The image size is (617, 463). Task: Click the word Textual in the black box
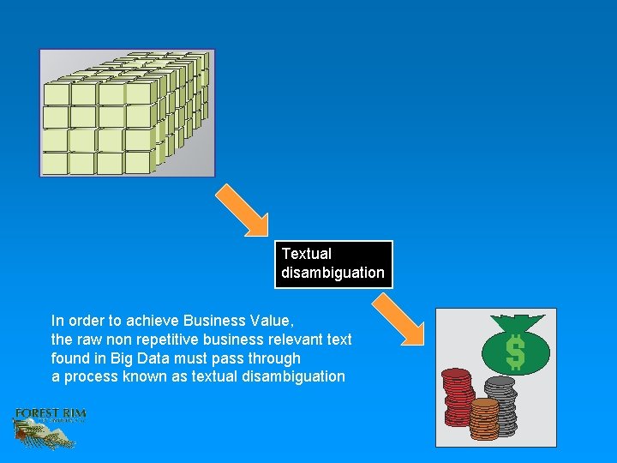pyautogui.click(x=306, y=254)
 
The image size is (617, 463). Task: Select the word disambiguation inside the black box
pyautogui.click(x=332, y=273)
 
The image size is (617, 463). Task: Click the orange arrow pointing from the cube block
pyautogui.click(x=242, y=209)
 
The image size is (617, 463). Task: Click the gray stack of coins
pyautogui.click(x=500, y=403)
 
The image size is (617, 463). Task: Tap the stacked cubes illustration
pyautogui.click(x=126, y=112)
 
